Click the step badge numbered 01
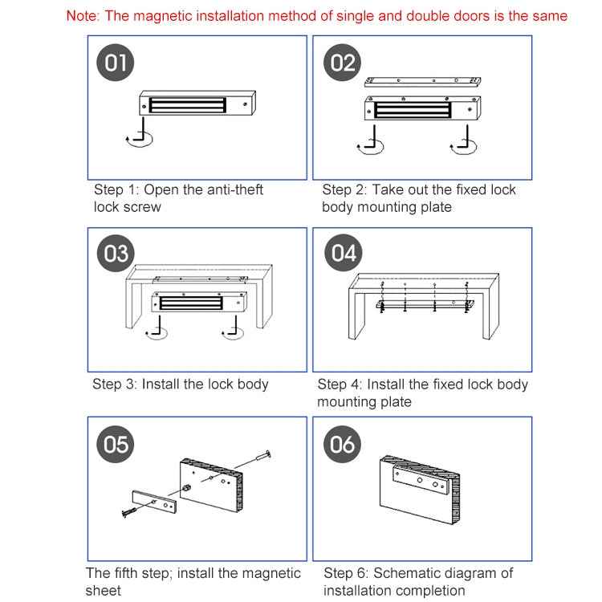[x=116, y=63]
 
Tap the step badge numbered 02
[x=342, y=63]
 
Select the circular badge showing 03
[x=116, y=254]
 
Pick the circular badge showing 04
[x=343, y=254]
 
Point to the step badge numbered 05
[x=116, y=444]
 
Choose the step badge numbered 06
[x=342, y=444]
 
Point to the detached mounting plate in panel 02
[x=422, y=82]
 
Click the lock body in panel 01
[x=197, y=103]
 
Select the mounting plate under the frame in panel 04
[x=425, y=305]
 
